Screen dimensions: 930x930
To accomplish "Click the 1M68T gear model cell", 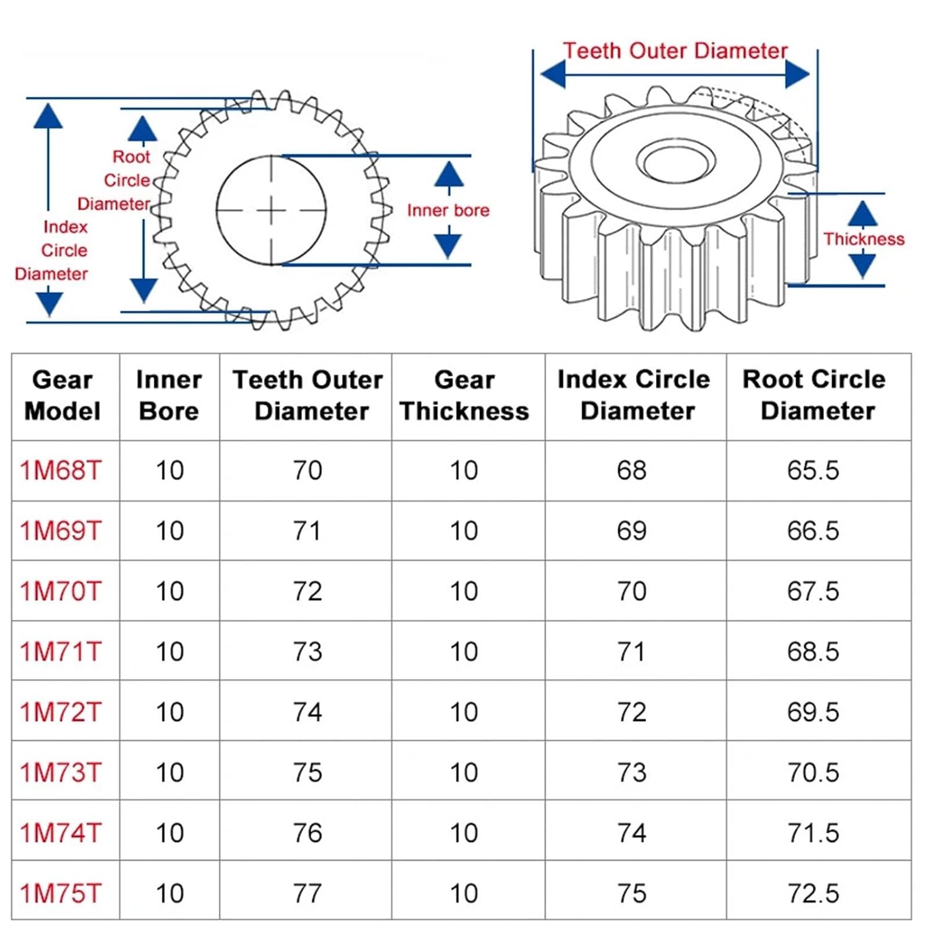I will (61, 471).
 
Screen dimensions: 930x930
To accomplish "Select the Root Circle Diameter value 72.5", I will (813, 893).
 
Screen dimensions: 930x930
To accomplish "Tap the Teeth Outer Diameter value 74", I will (307, 712).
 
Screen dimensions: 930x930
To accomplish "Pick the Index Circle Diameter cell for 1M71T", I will (631, 652).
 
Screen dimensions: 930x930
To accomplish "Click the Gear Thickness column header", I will (464, 396).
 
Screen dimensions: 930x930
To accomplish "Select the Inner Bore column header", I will (169, 396).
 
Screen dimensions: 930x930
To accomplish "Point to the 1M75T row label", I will (61, 893).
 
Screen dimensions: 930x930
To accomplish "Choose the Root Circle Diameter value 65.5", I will (813, 471).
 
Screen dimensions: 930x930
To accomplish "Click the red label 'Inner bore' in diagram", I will (448, 210).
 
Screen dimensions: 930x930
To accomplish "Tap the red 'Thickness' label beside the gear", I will (864, 239).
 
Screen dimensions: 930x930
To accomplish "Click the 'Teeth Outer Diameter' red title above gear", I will (675, 51).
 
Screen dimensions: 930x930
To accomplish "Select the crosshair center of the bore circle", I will (272, 210).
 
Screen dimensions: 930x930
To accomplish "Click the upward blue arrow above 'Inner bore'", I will (449, 174).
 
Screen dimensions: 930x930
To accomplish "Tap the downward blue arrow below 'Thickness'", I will (862, 265).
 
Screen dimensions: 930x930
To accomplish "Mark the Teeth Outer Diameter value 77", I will (307, 893).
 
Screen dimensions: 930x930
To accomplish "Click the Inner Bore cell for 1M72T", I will (169, 712).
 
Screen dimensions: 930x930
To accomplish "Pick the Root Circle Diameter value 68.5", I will (813, 652).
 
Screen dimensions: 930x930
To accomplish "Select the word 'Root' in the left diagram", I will (131, 157).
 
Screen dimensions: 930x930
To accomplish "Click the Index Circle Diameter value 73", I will (631, 773).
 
